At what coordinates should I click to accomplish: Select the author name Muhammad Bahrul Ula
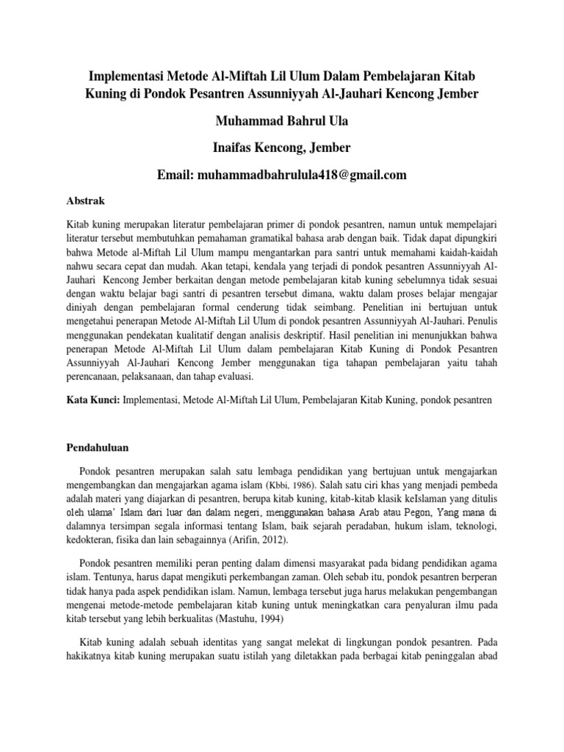pos(282,122)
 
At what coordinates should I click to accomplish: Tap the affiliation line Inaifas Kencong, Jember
pos(282,149)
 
